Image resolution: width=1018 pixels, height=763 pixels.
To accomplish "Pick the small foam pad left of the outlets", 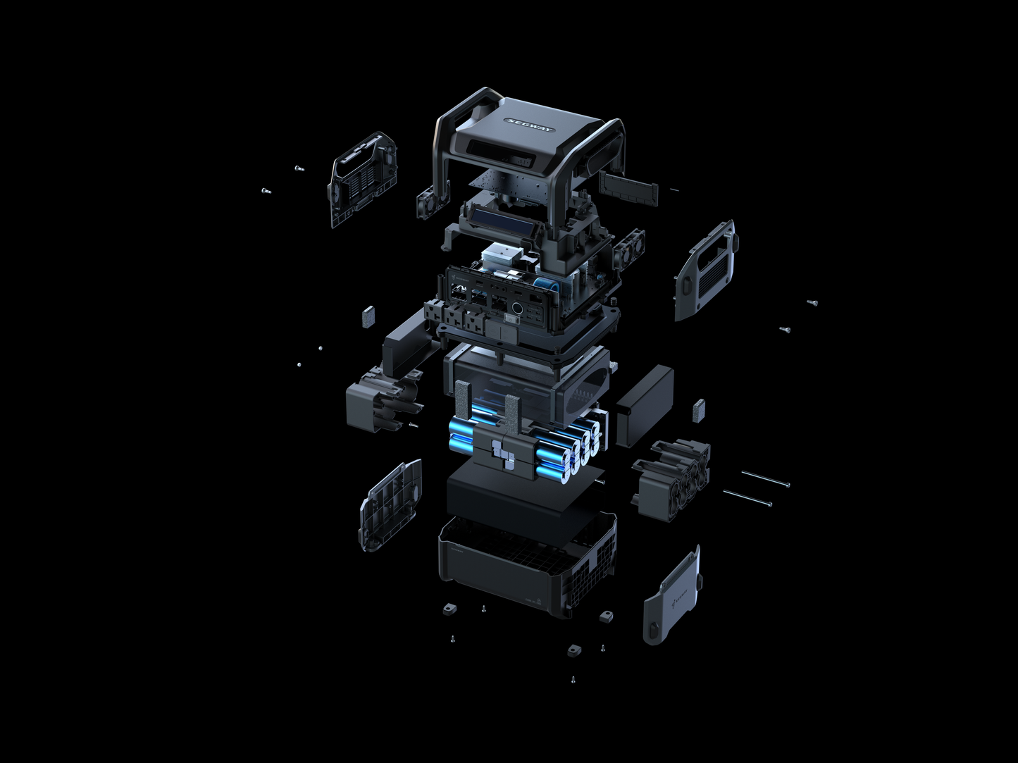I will point(366,316).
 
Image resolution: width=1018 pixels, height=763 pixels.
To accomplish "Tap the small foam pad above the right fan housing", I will point(698,409).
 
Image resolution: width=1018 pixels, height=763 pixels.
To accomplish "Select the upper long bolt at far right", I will point(765,479).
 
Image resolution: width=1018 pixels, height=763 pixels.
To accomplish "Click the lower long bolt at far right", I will point(748,498).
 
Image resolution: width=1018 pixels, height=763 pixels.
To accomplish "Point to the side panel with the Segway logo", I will point(673,596).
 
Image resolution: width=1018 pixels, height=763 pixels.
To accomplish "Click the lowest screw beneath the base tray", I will point(573,680).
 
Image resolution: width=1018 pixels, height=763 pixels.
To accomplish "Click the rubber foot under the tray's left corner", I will point(447,607).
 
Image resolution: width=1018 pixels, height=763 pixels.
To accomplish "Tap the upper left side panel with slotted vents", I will point(361,179).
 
